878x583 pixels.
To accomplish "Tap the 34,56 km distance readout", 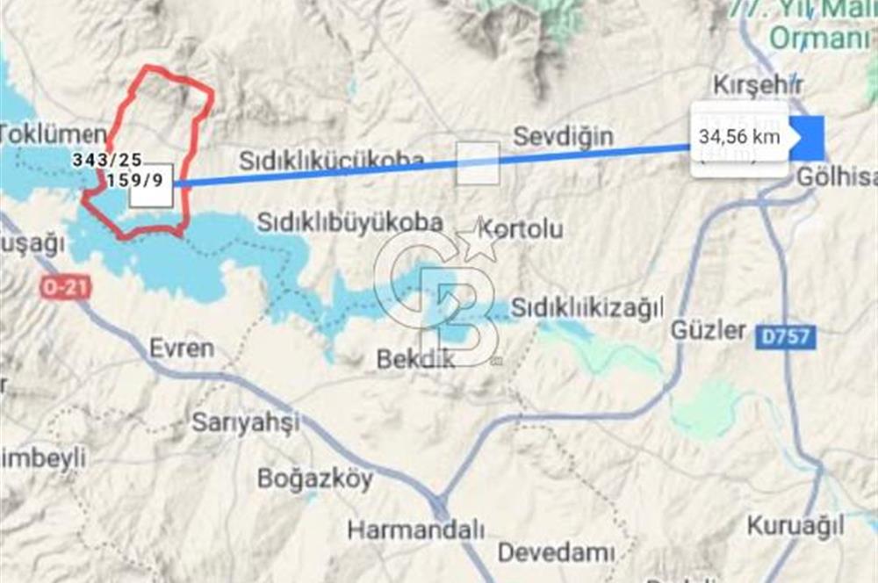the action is click(x=738, y=137).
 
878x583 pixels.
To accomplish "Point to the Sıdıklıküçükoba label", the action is click(x=332, y=162).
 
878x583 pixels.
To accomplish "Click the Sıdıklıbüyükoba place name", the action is click(x=350, y=222).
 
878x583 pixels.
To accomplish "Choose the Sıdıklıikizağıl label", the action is click(x=587, y=307).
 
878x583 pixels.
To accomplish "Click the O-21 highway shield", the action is click(x=66, y=286).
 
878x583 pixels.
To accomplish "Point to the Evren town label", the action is click(x=182, y=348).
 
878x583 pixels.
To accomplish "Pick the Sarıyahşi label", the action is click(x=246, y=421).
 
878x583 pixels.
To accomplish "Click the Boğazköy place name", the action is click(x=314, y=479).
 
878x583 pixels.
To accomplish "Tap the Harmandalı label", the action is click(x=416, y=529).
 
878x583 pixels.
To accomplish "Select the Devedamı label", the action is click(x=555, y=553).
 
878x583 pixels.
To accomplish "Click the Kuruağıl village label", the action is click(x=795, y=526).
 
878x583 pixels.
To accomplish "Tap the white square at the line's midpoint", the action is click(x=478, y=163).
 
